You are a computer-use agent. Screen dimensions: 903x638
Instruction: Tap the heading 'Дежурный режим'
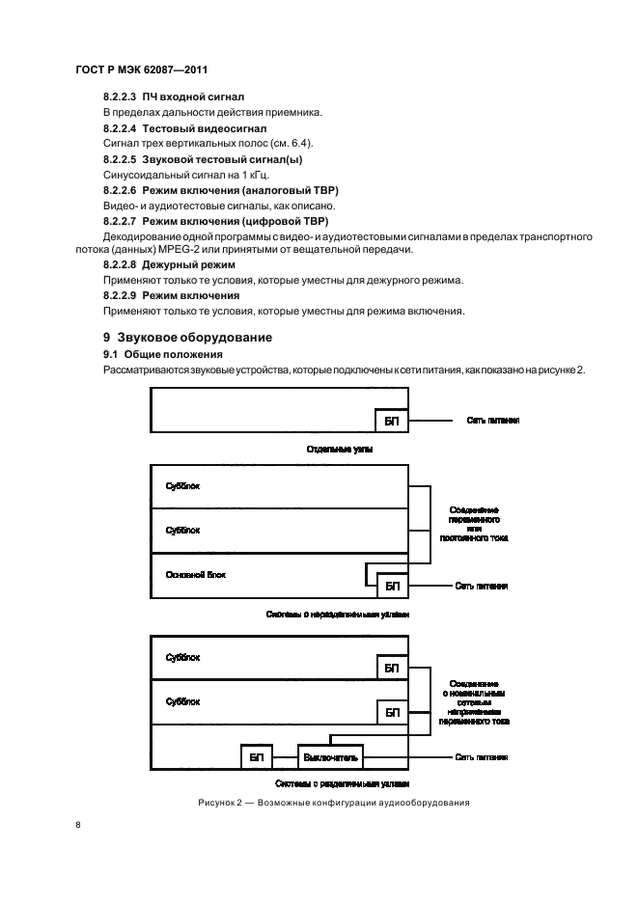tap(189, 264)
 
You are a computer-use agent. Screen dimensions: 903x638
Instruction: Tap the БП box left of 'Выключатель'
tap(256, 757)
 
